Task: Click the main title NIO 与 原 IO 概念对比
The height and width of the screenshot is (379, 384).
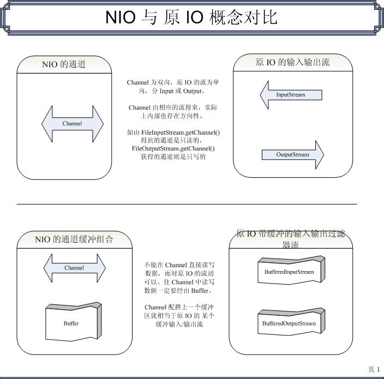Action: tap(191, 17)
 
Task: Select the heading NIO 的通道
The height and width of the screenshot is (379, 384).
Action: tap(64, 64)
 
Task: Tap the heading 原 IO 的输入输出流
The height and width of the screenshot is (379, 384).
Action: tap(292, 62)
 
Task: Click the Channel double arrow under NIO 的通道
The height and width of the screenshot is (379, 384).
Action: tap(72, 124)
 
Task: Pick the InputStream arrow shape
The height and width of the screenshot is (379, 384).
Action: tap(291, 95)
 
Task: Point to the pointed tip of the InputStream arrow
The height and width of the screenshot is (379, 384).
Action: tap(261, 95)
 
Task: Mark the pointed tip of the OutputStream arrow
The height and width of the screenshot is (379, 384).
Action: tap(323, 154)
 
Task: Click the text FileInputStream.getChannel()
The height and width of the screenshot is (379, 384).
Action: tap(173, 133)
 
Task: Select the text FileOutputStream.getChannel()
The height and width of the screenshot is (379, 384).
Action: tap(173, 148)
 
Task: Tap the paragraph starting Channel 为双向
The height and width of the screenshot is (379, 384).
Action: tap(173, 87)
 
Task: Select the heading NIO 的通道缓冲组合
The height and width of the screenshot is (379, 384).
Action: tap(74, 239)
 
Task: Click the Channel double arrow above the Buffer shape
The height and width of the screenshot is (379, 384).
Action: tap(74, 268)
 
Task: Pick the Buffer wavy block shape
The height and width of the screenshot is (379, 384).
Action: tap(71, 323)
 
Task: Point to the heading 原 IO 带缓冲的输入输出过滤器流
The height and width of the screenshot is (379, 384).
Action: tap(290, 239)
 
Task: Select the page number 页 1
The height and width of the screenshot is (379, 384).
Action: tap(374, 369)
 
